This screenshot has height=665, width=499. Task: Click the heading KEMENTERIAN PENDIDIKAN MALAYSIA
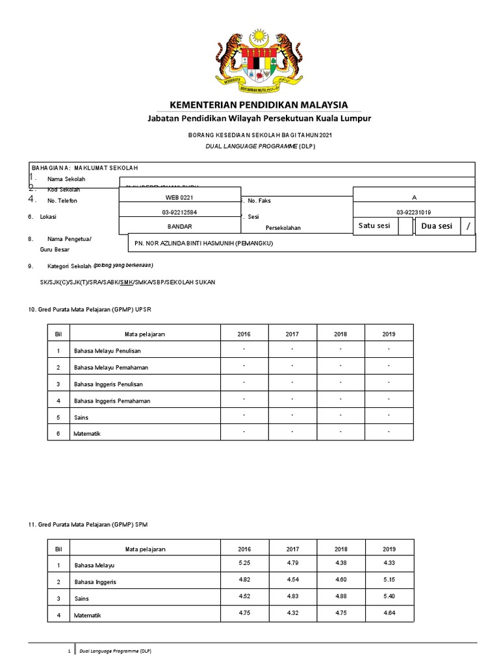[259, 105]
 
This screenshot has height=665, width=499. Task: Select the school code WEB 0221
[179, 197]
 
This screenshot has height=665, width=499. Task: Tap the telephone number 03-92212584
[179, 212]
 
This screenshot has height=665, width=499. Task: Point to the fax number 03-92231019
[413, 212]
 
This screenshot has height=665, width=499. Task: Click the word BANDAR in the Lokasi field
[179, 226]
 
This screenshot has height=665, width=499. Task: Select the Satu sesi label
[374, 226]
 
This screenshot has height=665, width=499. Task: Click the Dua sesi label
[437, 226]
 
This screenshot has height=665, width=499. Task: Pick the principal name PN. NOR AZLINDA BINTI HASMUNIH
[203, 244]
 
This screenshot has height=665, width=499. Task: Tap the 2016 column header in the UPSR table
[244, 334]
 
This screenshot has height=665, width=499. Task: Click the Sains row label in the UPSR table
[82, 418]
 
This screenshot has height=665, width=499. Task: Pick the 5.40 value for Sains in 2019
[389, 596]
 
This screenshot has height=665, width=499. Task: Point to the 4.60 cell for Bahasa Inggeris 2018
[340, 579]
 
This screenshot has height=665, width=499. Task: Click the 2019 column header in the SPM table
[389, 549]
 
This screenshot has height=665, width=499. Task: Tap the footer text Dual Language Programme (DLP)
[114, 650]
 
